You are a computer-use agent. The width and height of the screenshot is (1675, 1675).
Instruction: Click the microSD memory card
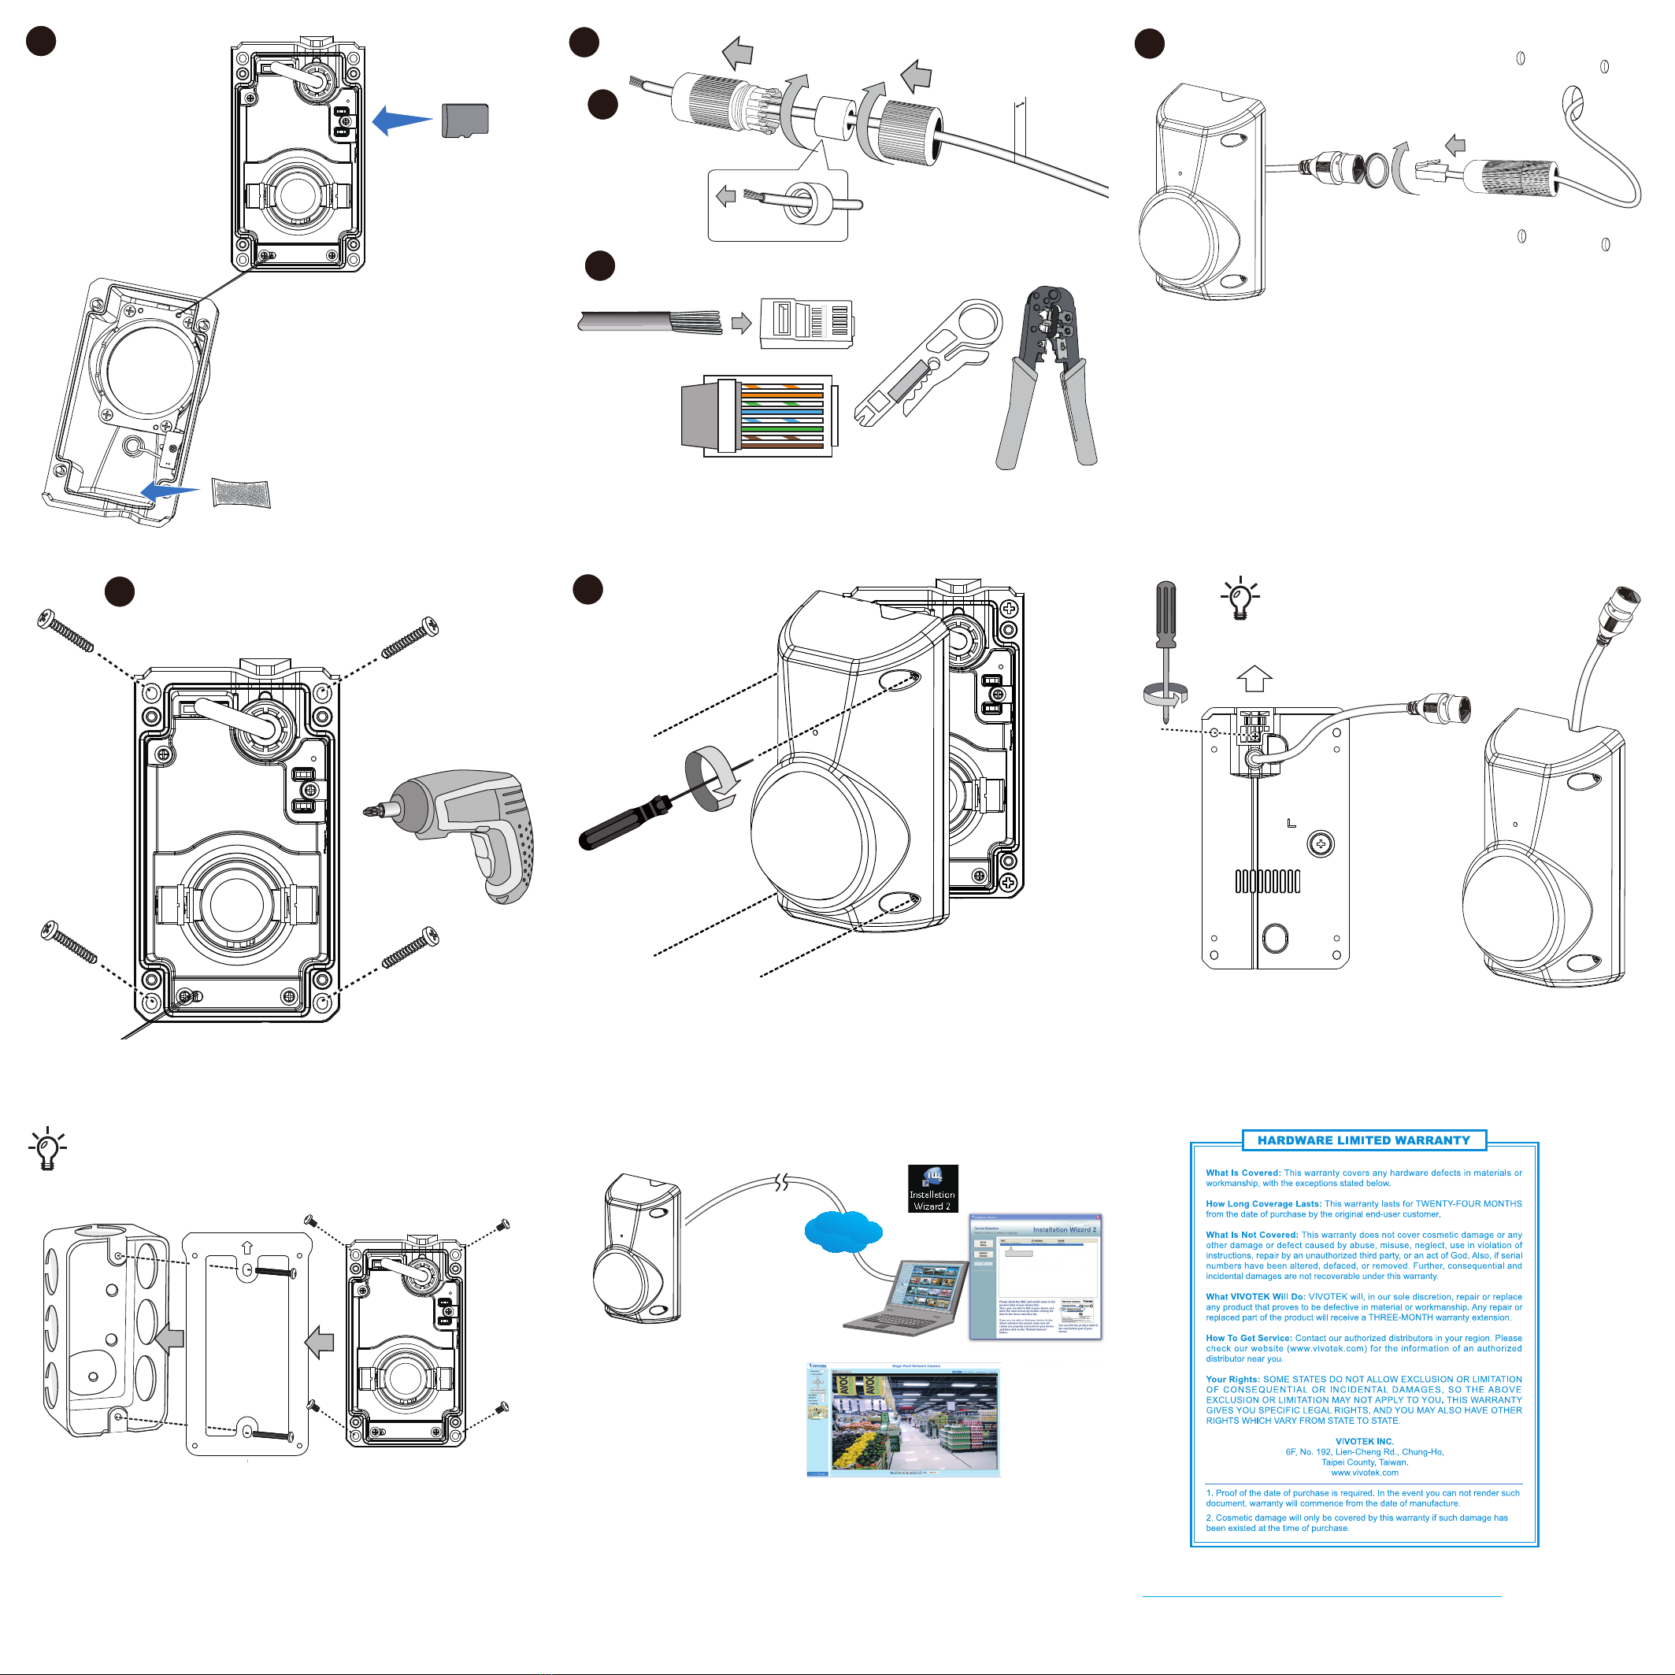tap(465, 120)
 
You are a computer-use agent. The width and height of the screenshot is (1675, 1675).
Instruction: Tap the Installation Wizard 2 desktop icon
tap(932, 1188)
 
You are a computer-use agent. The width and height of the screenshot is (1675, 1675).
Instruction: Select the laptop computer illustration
tap(906, 1298)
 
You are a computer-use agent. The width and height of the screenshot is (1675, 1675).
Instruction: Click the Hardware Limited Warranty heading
tap(1364, 1140)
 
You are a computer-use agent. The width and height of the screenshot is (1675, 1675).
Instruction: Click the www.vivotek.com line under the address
tap(1365, 1472)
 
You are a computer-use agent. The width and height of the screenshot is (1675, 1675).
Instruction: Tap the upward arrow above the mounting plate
tap(1254, 678)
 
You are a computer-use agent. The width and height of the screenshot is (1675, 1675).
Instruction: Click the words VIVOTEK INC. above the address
tap(1365, 1441)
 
